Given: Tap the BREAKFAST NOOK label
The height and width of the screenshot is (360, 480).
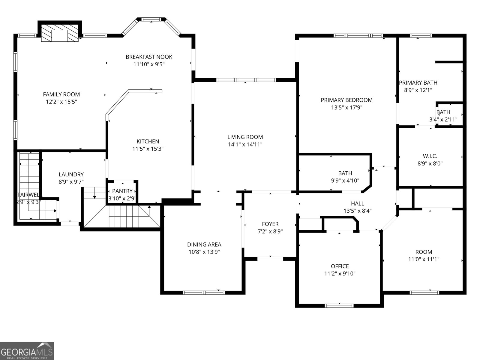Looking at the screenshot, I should click(149, 57).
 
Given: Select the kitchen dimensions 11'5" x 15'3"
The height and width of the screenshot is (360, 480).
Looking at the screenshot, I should click(148, 149).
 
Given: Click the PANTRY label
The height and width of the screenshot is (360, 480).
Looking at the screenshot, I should click(122, 191).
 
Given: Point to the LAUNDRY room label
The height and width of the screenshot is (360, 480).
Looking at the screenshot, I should click(71, 174).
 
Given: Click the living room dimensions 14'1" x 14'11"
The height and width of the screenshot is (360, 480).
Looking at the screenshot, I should click(245, 145).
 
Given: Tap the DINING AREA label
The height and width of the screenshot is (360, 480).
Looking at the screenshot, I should click(204, 244).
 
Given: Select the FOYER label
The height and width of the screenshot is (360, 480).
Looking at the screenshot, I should click(270, 224).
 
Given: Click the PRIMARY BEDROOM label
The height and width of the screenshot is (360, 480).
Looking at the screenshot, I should click(346, 100).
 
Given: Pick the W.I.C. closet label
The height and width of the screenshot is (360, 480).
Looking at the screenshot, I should click(430, 156).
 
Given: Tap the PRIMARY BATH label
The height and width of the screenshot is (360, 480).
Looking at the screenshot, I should click(418, 83).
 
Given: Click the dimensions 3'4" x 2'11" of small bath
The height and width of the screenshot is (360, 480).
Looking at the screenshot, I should click(443, 120).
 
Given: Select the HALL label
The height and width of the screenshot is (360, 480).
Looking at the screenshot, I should click(357, 203).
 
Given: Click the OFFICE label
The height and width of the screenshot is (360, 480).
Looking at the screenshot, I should click(340, 266).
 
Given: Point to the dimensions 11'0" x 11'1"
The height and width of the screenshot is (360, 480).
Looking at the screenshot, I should click(424, 259).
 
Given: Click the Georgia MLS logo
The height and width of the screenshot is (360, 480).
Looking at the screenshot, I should click(27, 351).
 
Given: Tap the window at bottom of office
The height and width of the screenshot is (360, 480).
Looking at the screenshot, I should click(339, 306).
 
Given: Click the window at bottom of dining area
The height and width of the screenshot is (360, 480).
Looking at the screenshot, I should click(204, 292).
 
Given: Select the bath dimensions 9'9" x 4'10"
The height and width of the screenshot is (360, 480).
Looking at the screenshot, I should click(345, 181).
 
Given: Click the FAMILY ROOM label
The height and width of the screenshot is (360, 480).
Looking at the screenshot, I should click(61, 94).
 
